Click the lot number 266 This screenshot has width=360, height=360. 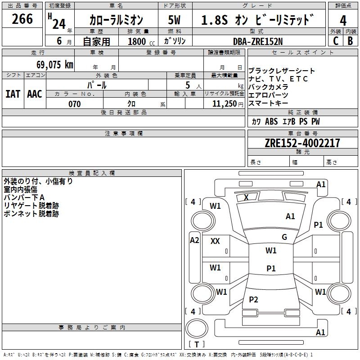[22, 19]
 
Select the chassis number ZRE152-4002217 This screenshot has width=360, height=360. [303, 143]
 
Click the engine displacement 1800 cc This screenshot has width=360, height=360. [137, 41]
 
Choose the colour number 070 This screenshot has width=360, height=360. [74, 104]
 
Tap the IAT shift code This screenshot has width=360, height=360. [13, 94]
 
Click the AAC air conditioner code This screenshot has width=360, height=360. [35, 94]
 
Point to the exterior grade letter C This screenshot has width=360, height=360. [335, 41]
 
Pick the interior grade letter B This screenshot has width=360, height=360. [351, 41]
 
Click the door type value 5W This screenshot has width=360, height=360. [174, 20]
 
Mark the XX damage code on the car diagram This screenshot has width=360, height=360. [215, 241]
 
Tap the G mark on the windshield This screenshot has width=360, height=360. [284, 237]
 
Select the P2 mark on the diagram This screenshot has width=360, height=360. [254, 300]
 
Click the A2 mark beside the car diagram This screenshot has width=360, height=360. [194, 240]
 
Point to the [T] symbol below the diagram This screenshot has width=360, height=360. [196, 345]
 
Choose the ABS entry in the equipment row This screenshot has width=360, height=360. [271, 121]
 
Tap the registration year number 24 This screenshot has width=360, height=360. [58, 23]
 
